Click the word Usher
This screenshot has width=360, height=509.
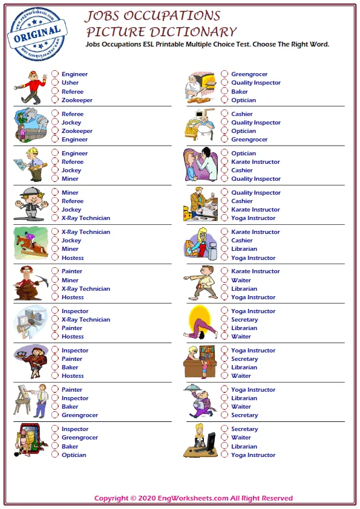[x=70, y=83]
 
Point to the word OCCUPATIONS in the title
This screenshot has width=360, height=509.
[x=177, y=16]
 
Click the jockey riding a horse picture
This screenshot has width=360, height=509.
[x=30, y=243]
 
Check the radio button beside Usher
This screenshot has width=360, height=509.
[x=55, y=83]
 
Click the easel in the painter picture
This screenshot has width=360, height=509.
[x=24, y=400]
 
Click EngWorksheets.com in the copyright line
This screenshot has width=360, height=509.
[x=192, y=499]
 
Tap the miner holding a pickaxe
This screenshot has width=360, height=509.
[x=30, y=282]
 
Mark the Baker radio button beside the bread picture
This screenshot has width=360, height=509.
[x=224, y=92]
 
